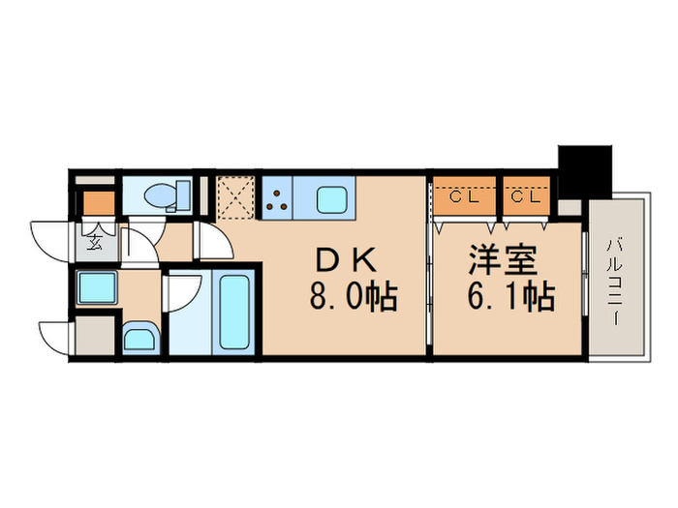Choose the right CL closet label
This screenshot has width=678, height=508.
tap(524, 198)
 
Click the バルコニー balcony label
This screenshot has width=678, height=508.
tap(615, 280)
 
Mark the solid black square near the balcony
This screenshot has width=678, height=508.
tap(584, 170)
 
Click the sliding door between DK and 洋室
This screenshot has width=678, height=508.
tap(429, 290)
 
